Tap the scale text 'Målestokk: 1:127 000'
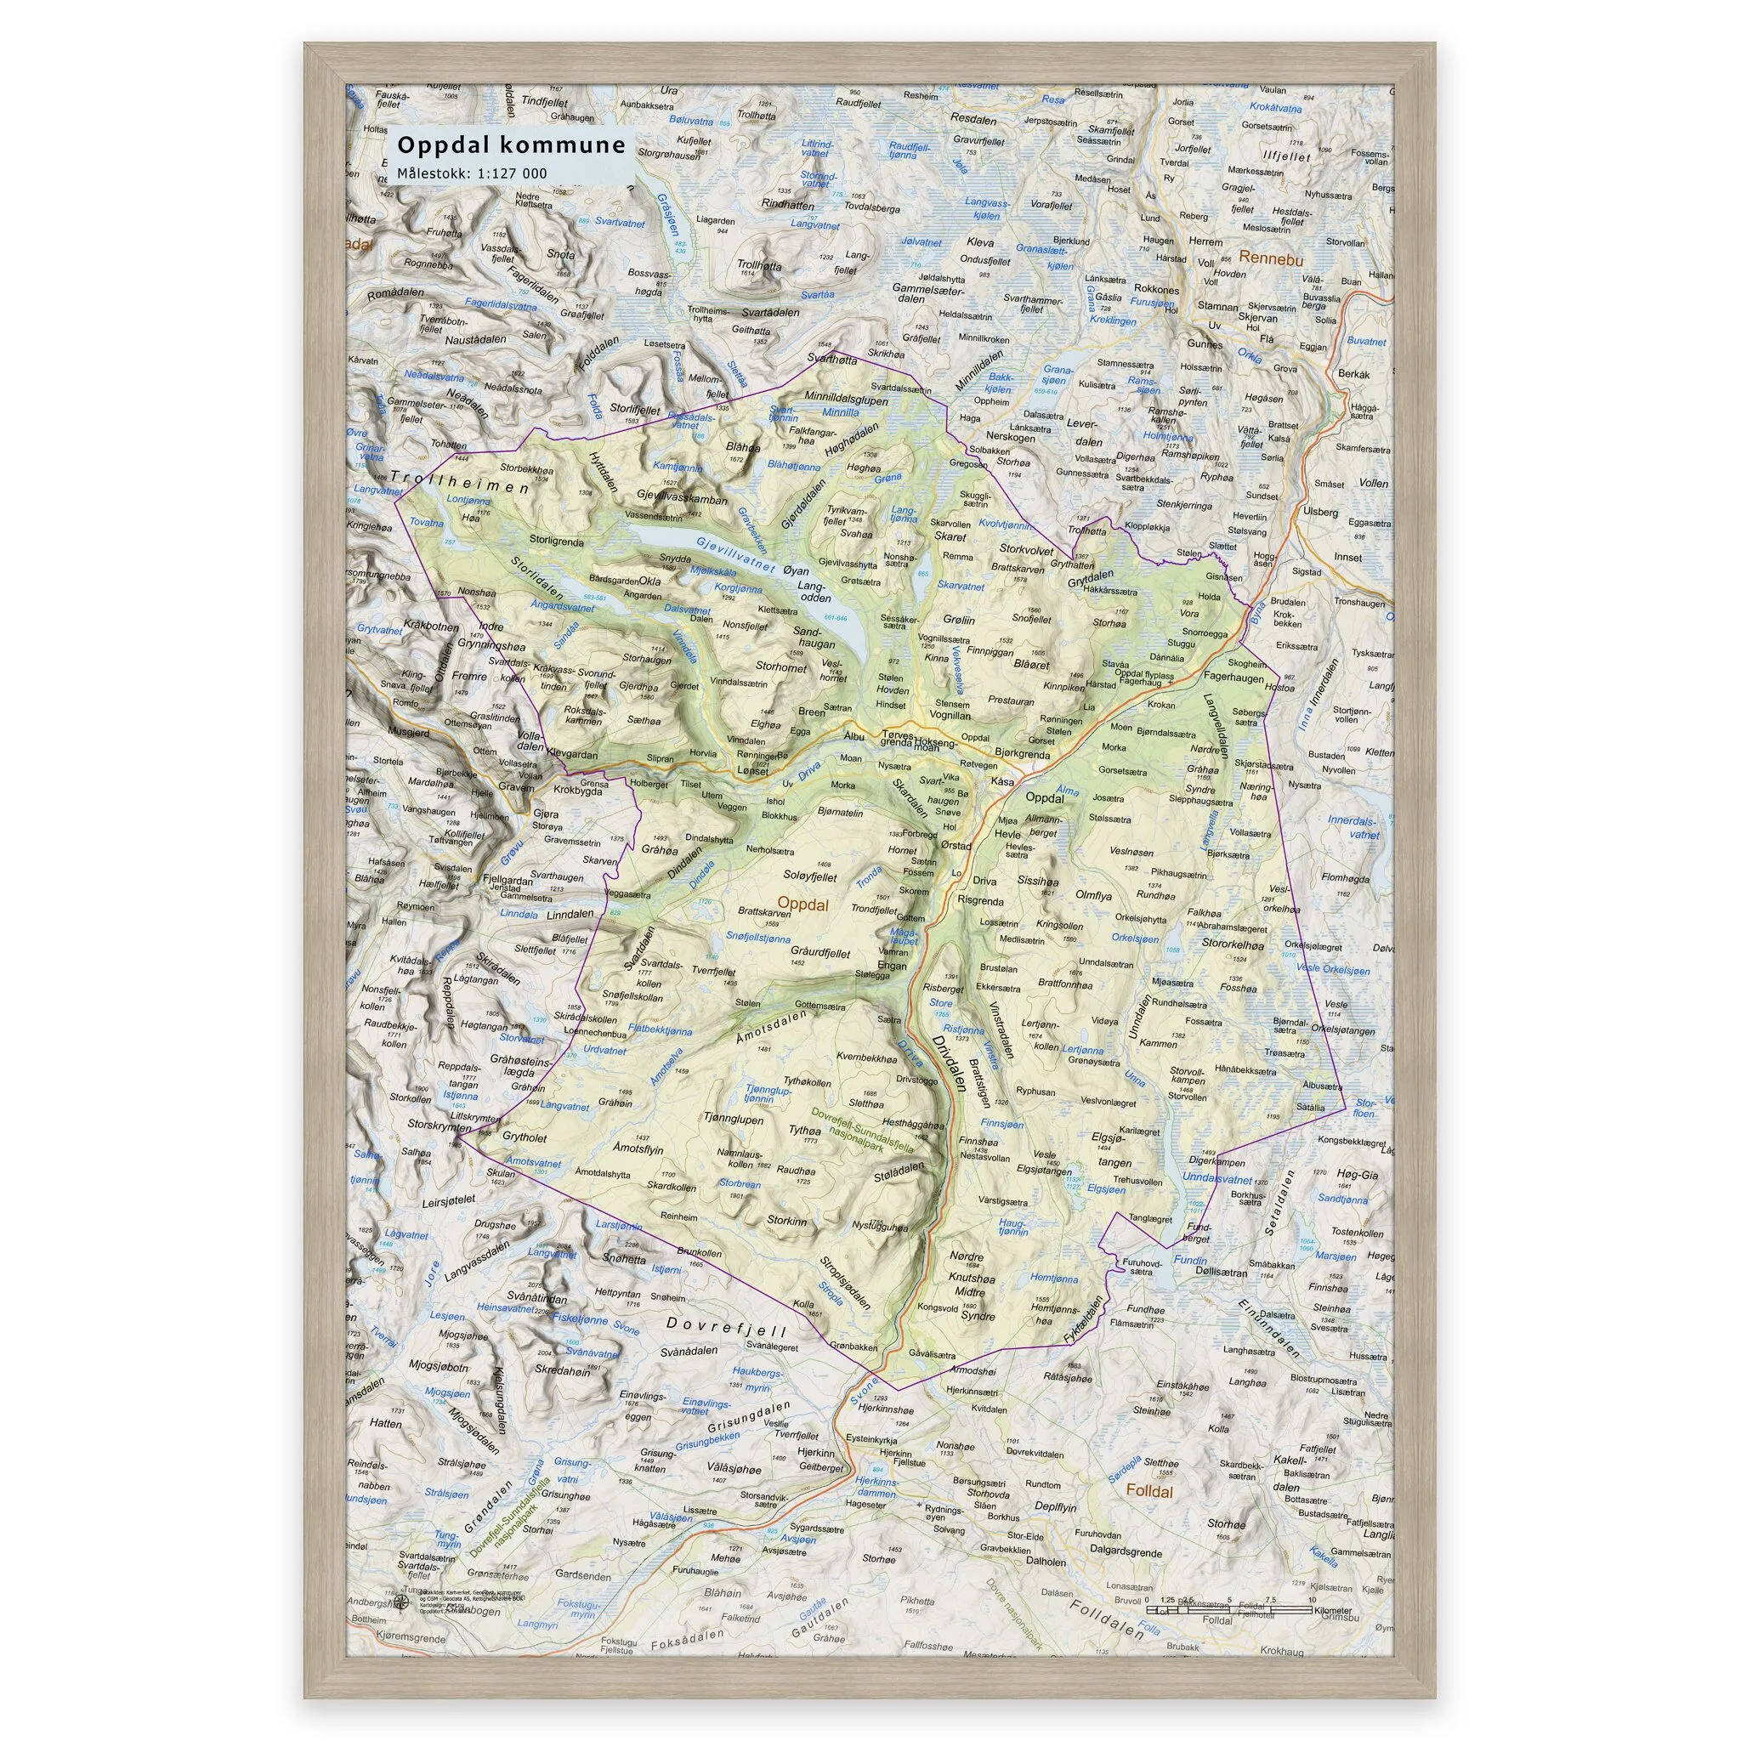click(472, 173)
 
